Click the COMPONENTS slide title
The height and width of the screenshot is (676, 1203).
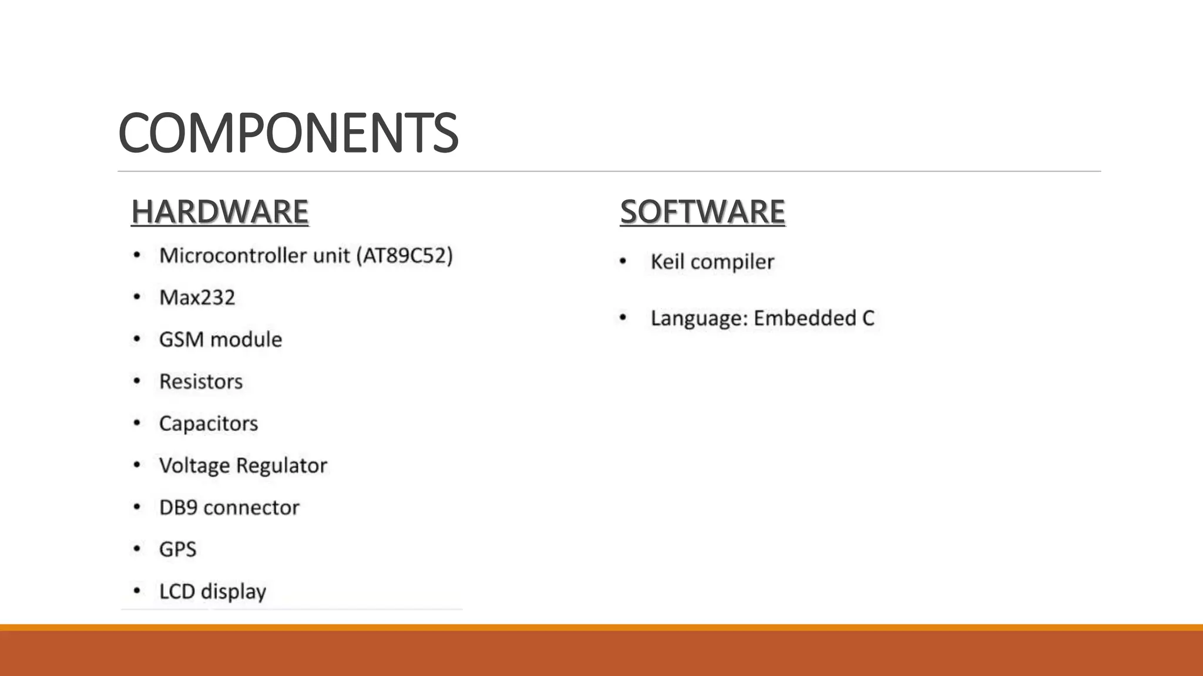pos(288,133)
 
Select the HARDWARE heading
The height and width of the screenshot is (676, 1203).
pos(220,211)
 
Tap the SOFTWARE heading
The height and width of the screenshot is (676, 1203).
pos(703,211)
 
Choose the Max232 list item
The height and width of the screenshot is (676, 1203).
pos(197,298)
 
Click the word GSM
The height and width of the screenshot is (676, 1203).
pos(181,340)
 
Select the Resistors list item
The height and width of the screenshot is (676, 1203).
pos(201,382)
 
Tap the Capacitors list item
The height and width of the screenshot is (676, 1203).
pos(209,424)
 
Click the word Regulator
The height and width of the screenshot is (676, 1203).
pos(281,466)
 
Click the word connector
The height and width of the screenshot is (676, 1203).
pos(251,508)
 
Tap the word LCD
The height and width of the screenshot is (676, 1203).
pos(177,591)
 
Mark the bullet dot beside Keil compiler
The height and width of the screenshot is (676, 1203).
pos(623,261)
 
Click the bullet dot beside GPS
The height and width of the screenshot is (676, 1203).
pos(137,549)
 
